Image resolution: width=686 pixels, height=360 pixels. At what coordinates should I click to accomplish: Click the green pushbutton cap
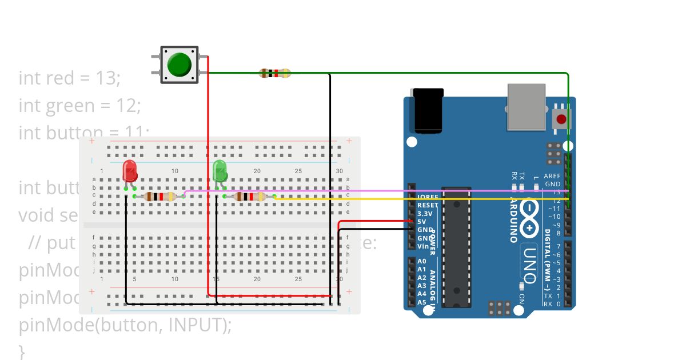point(180,65)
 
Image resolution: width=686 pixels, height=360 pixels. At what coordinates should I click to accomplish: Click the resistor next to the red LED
point(159,197)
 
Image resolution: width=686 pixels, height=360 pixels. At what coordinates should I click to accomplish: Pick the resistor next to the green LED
point(250,197)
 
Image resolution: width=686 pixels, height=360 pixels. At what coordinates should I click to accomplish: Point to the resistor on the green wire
point(274,73)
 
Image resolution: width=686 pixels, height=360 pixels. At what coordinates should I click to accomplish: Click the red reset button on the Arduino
point(561,119)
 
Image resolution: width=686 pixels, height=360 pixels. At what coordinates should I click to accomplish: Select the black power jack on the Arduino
point(428,110)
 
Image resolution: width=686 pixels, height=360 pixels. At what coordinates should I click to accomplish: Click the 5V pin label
point(421,221)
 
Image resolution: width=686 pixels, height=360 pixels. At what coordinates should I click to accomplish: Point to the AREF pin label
point(552,177)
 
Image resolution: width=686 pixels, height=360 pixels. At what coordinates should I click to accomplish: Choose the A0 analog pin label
point(421,261)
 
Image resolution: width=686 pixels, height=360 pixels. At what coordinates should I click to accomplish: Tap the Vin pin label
point(422,246)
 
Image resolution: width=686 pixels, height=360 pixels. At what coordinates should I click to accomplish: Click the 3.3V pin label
point(424,213)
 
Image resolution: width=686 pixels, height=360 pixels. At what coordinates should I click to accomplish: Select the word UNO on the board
point(529,264)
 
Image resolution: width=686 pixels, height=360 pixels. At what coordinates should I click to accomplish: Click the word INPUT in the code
point(196,325)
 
